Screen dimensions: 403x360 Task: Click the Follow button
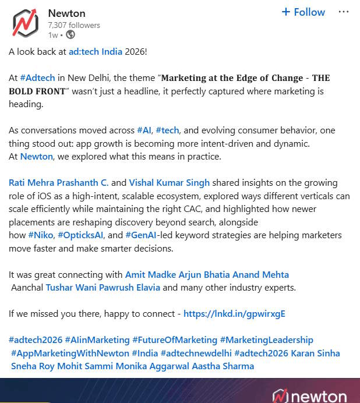click(x=303, y=12)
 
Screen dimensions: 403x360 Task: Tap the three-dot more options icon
click(x=344, y=12)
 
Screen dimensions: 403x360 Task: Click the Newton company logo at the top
click(x=25, y=23)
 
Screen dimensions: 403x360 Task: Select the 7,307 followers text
click(x=74, y=25)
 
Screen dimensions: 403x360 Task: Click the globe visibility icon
click(x=70, y=35)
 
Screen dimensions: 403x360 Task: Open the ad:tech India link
click(x=96, y=51)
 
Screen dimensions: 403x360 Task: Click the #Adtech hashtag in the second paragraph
click(x=38, y=78)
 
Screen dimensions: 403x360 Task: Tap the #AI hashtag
click(x=144, y=130)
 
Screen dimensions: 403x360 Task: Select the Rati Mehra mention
click(x=33, y=183)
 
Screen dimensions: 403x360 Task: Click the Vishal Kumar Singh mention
click(x=169, y=183)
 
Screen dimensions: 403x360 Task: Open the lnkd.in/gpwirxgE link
click(x=234, y=314)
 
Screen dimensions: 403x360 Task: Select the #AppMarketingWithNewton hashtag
click(x=70, y=353)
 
